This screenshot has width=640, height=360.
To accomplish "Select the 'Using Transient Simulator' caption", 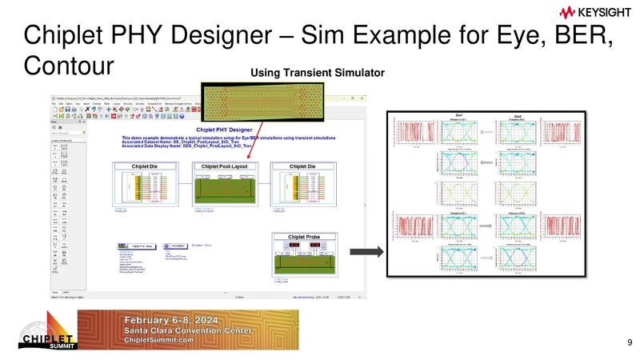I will tap(318, 74).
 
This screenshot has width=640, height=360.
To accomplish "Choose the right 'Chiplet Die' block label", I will tap(307, 166).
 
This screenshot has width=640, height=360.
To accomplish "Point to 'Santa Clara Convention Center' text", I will tap(190, 330).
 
